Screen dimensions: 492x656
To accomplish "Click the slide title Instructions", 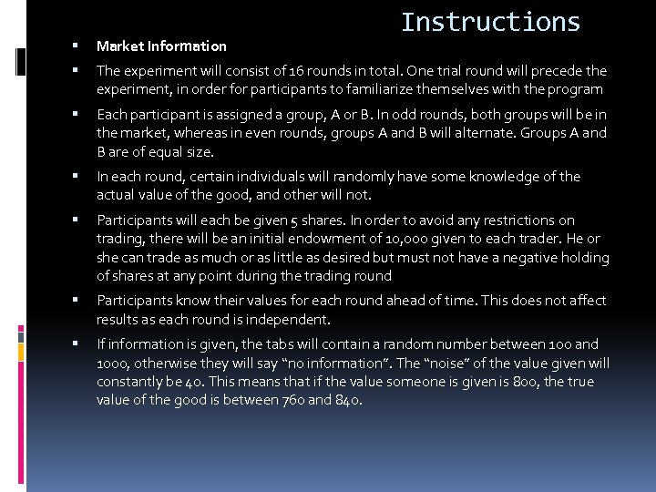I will pyautogui.click(x=490, y=22).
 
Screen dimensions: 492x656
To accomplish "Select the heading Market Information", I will pyautogui.click(x=161, y=46).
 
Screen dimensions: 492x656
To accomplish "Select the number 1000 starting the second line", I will pyautogui.click(x=114, y=363).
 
